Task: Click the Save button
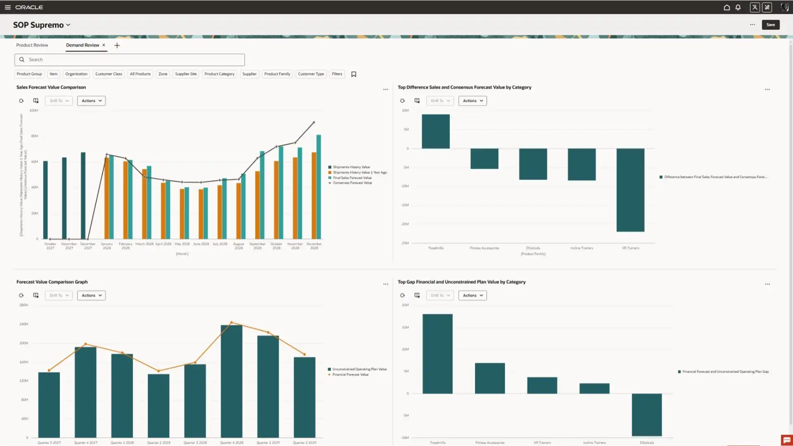770,25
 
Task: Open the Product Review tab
32,45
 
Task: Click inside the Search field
130,59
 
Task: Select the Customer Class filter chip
109,74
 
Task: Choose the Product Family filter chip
277,74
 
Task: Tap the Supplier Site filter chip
186,74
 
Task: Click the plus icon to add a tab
117,45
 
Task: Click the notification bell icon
738,7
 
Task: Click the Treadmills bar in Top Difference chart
435,131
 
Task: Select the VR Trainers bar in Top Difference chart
630,190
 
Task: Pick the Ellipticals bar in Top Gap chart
646,415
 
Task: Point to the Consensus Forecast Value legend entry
352,183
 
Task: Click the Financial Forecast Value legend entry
350,375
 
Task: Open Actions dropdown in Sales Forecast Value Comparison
91,101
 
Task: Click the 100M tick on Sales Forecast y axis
33,110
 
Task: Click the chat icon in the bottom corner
786,440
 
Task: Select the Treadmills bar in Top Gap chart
437,353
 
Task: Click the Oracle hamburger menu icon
7,7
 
